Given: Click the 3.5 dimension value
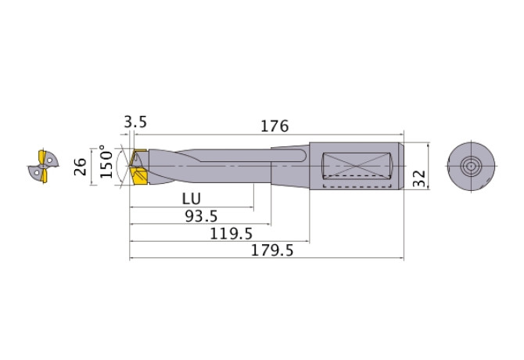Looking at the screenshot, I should (135, 122).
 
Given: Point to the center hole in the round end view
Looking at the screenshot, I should (471, 166).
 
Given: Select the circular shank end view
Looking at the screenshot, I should (471, 166).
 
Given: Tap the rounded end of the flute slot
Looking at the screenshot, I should (301, 159).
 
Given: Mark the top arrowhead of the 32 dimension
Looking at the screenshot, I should (430, 146).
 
